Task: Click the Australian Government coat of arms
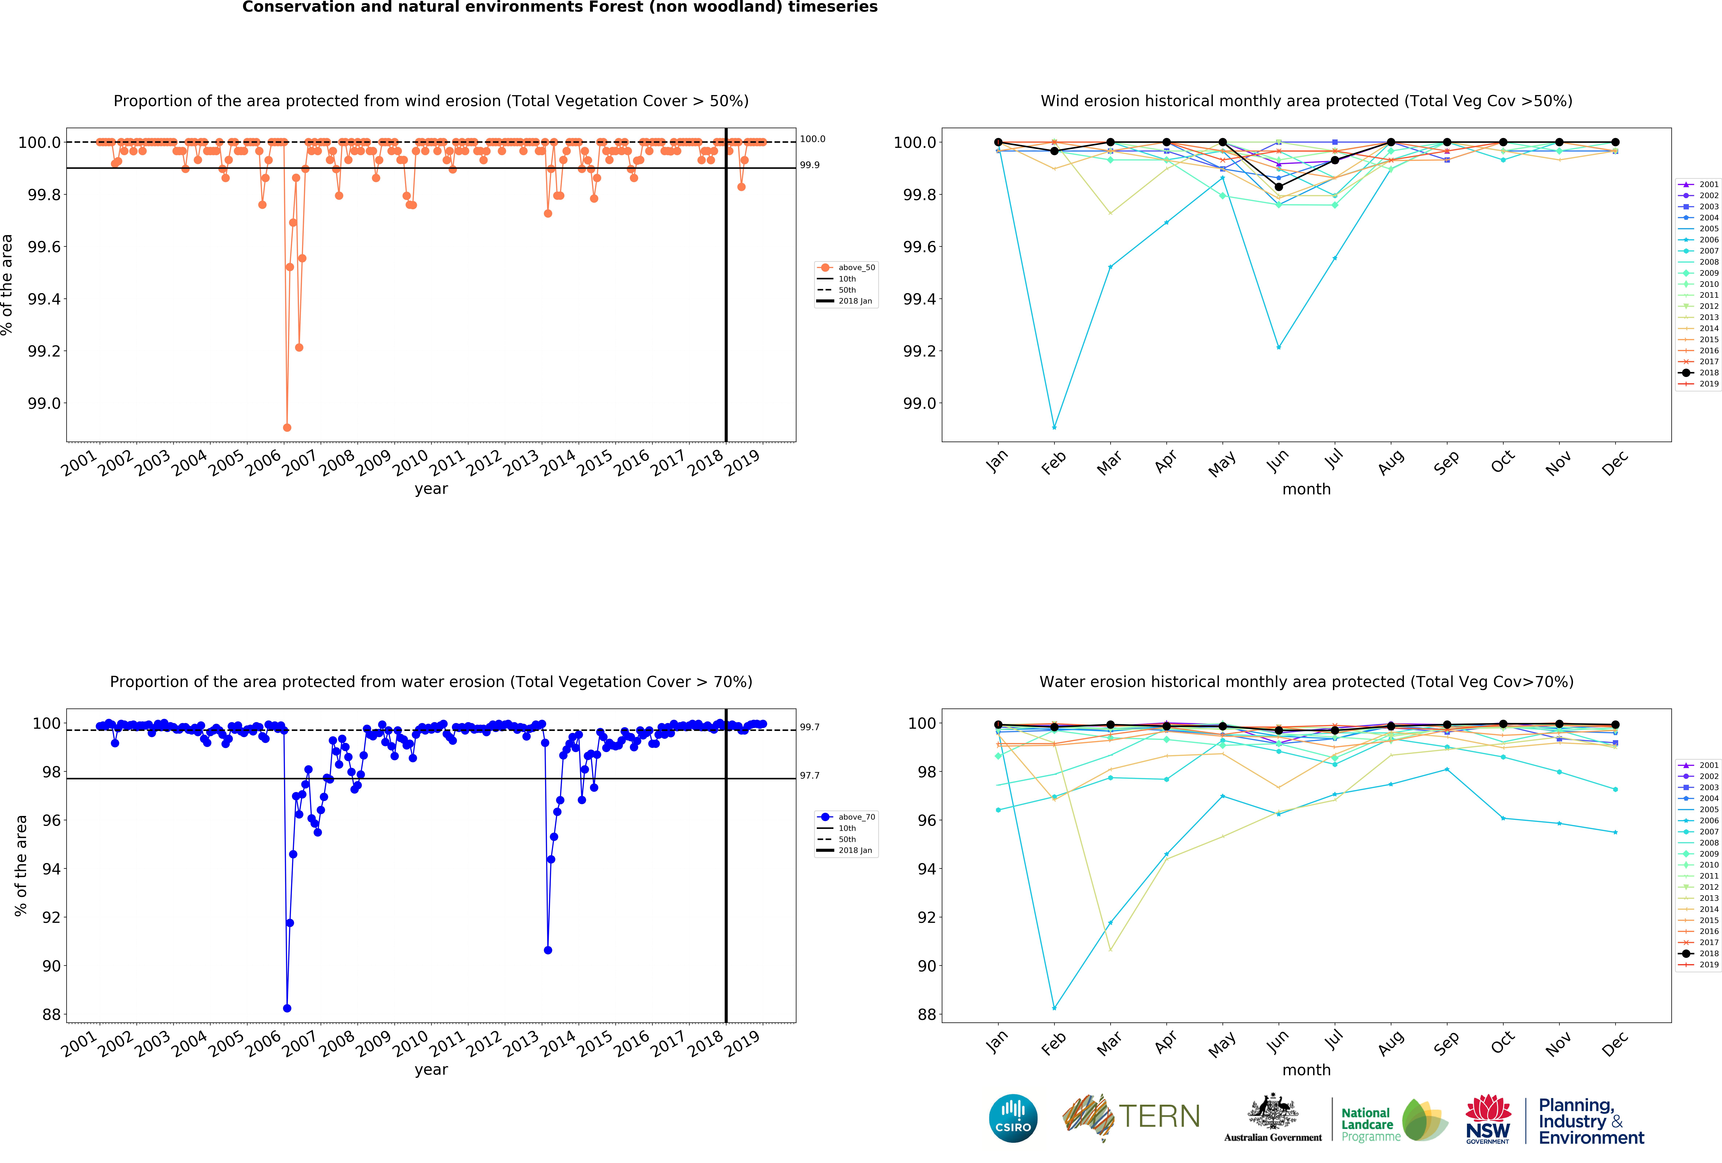click(x=1272, y=1111)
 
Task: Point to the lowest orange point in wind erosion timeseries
click(x=287, y=427)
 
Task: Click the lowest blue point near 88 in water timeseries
click(x=287, y=1008)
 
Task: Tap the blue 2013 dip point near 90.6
click(x=548, y=950)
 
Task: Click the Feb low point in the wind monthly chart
click(x=1054, y=427)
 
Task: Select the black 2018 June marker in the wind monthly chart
click(x=1278, y=187)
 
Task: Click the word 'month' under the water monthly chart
click(x=1306, y=1070)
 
